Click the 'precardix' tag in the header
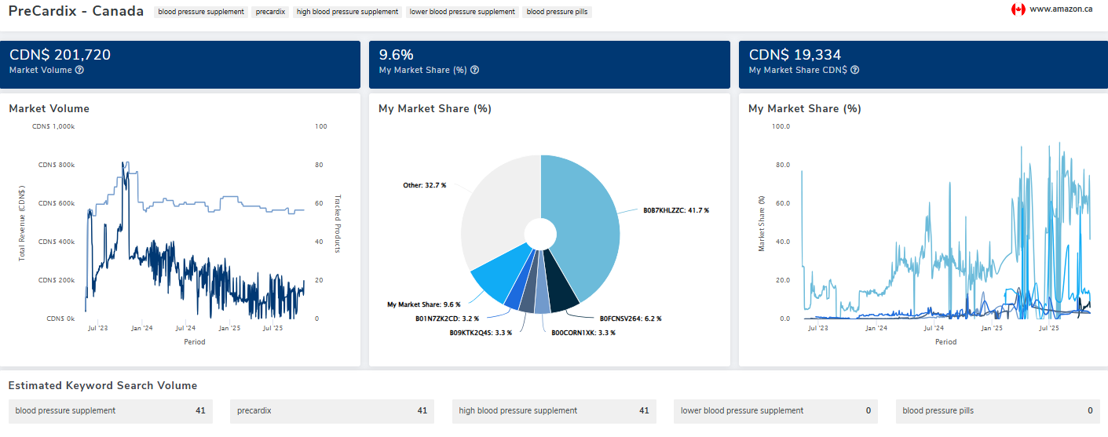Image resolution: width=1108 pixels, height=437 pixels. click(271, 12)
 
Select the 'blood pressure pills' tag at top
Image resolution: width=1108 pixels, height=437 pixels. click(557, 12)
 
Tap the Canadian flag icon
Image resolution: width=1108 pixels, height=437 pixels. click(1018, 9)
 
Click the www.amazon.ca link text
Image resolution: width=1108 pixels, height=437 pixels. click(1061, 9)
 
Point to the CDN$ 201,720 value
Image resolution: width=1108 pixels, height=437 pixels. click(60, 55)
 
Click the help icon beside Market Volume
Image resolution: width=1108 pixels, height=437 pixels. click(79, 70)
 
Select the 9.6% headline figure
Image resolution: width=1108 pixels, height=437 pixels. click(396, 55)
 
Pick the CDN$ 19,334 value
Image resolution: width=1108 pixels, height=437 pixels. click(795, 55)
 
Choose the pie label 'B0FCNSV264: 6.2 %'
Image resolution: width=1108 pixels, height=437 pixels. click(631, 319)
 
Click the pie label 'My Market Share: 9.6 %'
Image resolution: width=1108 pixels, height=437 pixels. click(422, 304)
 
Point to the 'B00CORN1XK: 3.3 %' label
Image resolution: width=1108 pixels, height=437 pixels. click(583, 333)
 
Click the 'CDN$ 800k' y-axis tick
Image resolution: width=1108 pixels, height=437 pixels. click(56, 165)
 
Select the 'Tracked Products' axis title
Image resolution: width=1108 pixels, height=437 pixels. click(338, 224)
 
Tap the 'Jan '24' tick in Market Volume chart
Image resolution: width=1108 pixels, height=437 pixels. click(142, 328)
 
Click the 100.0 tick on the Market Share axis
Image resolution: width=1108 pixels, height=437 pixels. click(780, 126)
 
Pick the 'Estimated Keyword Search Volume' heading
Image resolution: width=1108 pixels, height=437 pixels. click(102, 385)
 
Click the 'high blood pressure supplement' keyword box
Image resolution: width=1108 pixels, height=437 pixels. click(554, 410)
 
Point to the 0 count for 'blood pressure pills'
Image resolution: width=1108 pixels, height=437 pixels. click(1089, 410)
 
